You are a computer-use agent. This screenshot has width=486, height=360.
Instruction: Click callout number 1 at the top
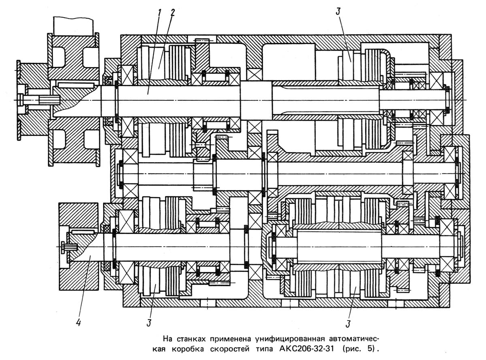tap(160, 12)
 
